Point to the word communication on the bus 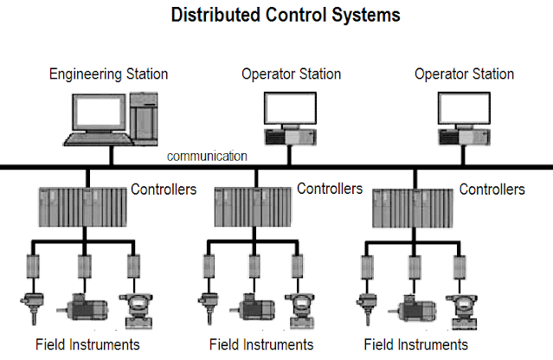pyautogui.click(x=208, y=157)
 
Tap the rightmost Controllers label pyautogui.click(x=491, y=189)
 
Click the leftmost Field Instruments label pyautogui.click(x=87, y=344)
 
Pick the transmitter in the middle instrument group pyautogui.click(x=299, y=308)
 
